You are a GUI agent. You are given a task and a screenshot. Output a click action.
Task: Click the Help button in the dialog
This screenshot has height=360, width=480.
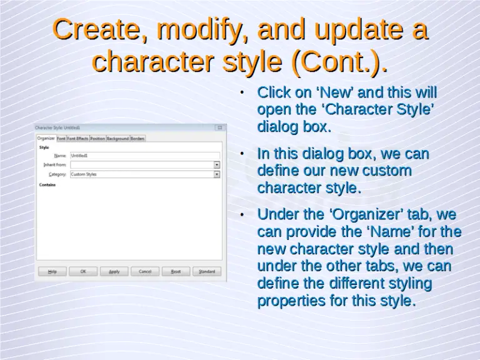tap(52, 271)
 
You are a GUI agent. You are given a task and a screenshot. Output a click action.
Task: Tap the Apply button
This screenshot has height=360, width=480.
tap(114, 271)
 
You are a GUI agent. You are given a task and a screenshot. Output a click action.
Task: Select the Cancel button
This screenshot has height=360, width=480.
tap(145, 271)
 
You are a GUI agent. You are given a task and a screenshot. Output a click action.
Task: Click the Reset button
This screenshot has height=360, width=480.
tap(176, 271)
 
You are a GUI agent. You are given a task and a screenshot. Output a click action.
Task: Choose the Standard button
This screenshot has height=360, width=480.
tap(207, 271)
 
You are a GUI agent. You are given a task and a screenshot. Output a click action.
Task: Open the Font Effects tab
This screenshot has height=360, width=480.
tap(77, 138)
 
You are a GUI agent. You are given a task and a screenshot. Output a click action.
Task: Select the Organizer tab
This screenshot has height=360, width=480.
tap(46, 138)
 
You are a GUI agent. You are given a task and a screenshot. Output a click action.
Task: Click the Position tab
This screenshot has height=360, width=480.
tap(97, 138)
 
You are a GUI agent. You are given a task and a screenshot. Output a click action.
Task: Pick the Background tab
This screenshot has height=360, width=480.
tap(117, 138)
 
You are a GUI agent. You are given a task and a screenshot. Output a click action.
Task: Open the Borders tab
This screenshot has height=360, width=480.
tap(137, 138)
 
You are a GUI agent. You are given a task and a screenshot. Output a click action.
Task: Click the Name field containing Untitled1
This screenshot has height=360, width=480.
tap(144, 156)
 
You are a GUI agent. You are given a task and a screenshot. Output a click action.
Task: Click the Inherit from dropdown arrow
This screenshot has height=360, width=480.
tap(217, 165)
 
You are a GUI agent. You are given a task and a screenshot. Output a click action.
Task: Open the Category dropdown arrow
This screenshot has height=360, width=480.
tap(217, 174)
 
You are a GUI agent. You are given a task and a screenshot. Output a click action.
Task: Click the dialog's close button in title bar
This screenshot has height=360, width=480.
tap(219, 127)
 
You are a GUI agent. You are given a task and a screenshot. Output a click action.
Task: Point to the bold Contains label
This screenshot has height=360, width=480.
tap(47, 185)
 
